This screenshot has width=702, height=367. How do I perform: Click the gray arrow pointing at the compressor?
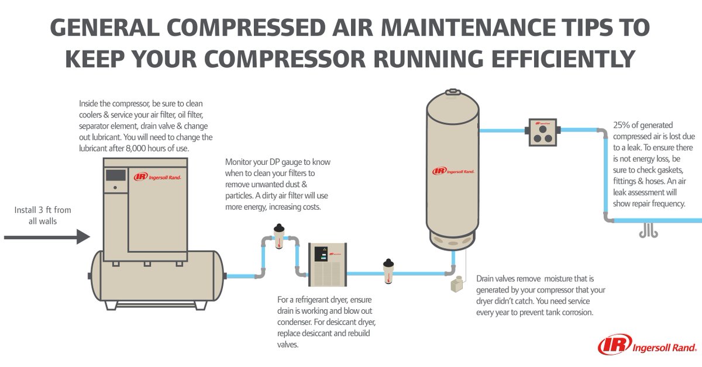[x=47, y=237]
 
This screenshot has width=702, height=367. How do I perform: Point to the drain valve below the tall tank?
[x=456, y=285]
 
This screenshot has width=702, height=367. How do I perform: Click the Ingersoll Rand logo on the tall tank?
[x=454, y=171]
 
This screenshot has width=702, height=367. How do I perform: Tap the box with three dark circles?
[x=541, y=131]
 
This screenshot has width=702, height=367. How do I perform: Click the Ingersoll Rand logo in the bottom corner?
[x=646, y=345]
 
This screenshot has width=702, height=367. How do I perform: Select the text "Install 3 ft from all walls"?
[x=36, y=216]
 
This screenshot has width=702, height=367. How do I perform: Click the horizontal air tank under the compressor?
[x=157, y=275]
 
